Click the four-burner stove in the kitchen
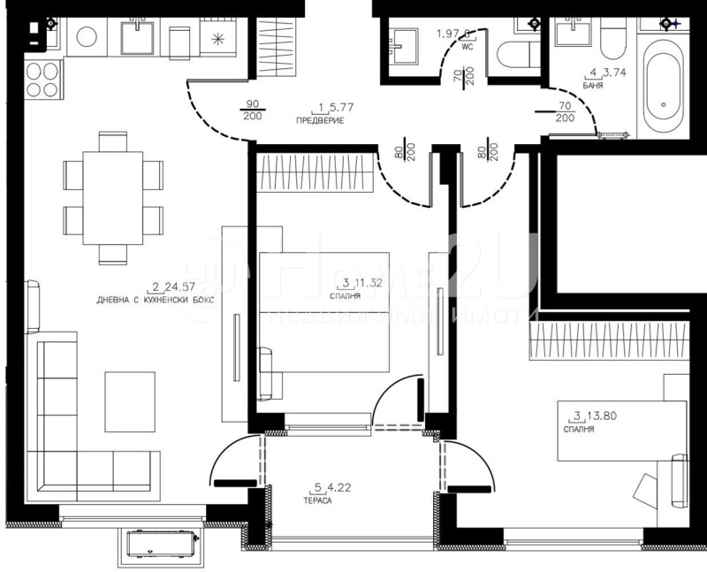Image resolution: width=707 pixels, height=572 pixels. (42, 80)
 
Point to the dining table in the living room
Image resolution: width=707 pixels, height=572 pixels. (112, 197)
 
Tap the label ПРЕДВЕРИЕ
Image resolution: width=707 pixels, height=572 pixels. (319, 119)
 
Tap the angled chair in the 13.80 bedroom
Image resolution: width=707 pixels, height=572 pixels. (649, 492)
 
